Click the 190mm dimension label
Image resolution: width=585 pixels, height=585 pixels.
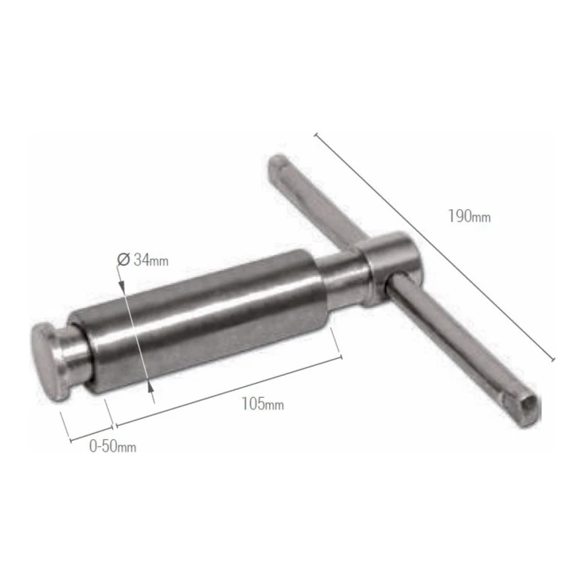tap(470, 217)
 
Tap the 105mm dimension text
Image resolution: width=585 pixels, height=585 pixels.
tap(263, 404)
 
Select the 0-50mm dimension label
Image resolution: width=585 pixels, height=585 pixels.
tap(112, 446)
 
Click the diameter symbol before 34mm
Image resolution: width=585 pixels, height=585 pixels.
tap(123, 259)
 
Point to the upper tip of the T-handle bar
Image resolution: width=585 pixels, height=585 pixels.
tap(277, 161)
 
